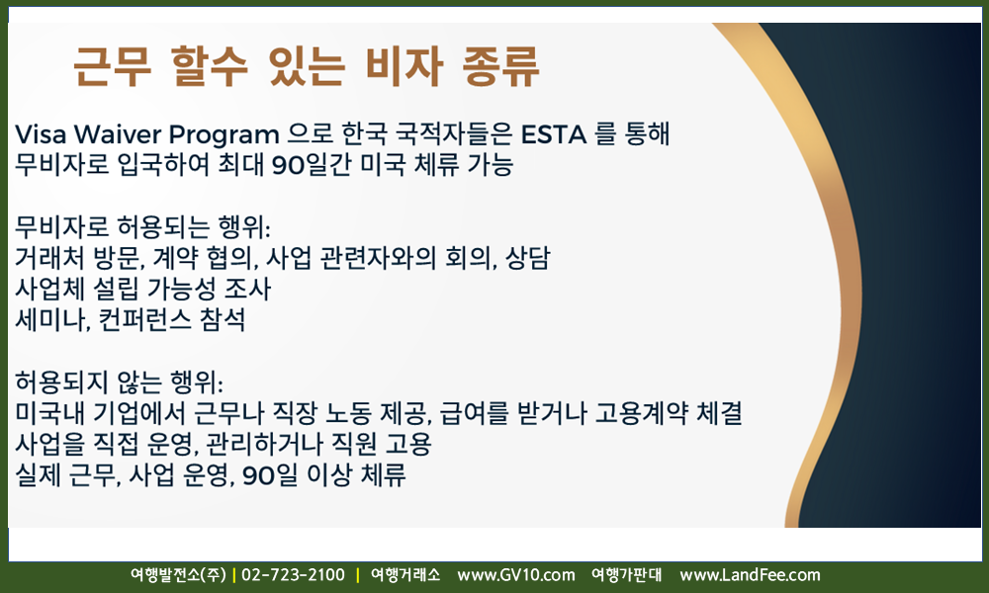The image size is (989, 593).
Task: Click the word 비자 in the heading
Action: [x=404, y=65]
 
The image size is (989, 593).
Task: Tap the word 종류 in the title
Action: [x=501, y=65]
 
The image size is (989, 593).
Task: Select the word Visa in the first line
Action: [x=41, y=134]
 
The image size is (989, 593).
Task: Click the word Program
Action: [x=224, y=135]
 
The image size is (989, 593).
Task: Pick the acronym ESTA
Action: [x=554, y=134]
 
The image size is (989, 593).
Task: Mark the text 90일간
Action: [x=311, y=165]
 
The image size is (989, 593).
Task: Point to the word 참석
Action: [x=222, y=319]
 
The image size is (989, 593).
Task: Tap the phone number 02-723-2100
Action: [x=294, y=575]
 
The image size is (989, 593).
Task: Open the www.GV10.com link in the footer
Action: [x=516, y=575]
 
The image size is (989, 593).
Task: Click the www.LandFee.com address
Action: [x=750, y=575]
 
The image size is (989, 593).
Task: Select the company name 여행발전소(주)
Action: [x=178, y=575]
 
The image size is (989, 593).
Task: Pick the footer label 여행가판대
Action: [x=626, y=575]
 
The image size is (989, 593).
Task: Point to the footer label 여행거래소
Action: [x=405, y=575]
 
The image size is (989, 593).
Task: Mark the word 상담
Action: [x=527, y=257]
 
